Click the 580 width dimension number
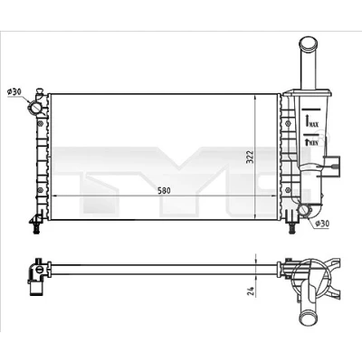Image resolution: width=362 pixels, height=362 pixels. coord(165,191)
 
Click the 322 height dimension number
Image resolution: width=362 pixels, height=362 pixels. coord(250,157)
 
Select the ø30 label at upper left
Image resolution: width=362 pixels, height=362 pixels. coord(14,91)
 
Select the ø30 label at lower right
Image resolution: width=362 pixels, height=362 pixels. coord(322,224)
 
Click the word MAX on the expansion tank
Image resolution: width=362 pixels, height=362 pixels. coord(314,124)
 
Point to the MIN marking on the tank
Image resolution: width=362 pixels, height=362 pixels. coord(314,143)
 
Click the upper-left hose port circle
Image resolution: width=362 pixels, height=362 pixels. coord(34,108)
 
